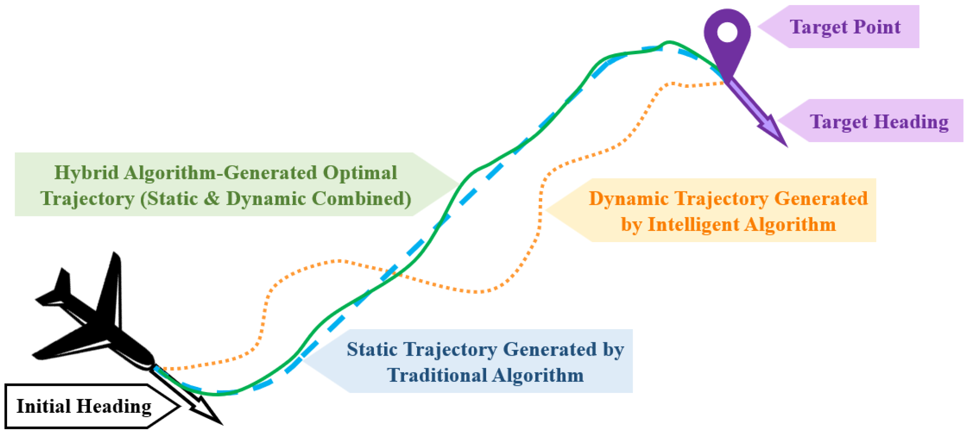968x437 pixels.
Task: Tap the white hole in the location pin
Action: pos(727,32)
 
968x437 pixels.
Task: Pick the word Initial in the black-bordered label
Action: pos(43,406)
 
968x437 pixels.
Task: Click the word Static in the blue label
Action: pos(372,350)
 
